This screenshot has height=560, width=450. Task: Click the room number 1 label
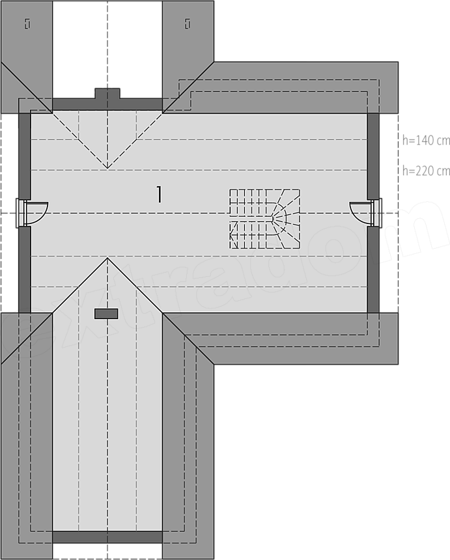[x=160, y=195]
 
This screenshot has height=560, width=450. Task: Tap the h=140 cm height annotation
[x=426, y=141]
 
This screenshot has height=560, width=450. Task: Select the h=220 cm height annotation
[x=426, y=171]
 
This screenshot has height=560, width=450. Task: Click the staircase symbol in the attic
[x=264, y=219]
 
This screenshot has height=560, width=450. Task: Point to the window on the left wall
[x=21, y=213]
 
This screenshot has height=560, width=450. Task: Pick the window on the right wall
[x=377, y=212]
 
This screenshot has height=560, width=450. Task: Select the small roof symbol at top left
[x=27, y=24]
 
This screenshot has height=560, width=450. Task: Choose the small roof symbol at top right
[x=188, y=24]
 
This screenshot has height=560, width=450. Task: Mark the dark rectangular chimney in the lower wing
[x=106, y=314]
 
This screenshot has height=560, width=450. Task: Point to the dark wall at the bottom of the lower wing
[x=107, y=537]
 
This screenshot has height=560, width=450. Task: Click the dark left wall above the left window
[x=25, y=156]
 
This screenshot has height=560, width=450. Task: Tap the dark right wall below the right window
[x=373, y=270]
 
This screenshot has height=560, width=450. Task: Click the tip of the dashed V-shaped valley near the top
[x=107, y=168]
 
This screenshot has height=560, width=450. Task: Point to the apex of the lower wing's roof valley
[x=107, y=258]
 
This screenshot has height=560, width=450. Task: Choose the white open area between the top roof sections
[x=107, y=49]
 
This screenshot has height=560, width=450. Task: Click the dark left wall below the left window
[x=25, y=270]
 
